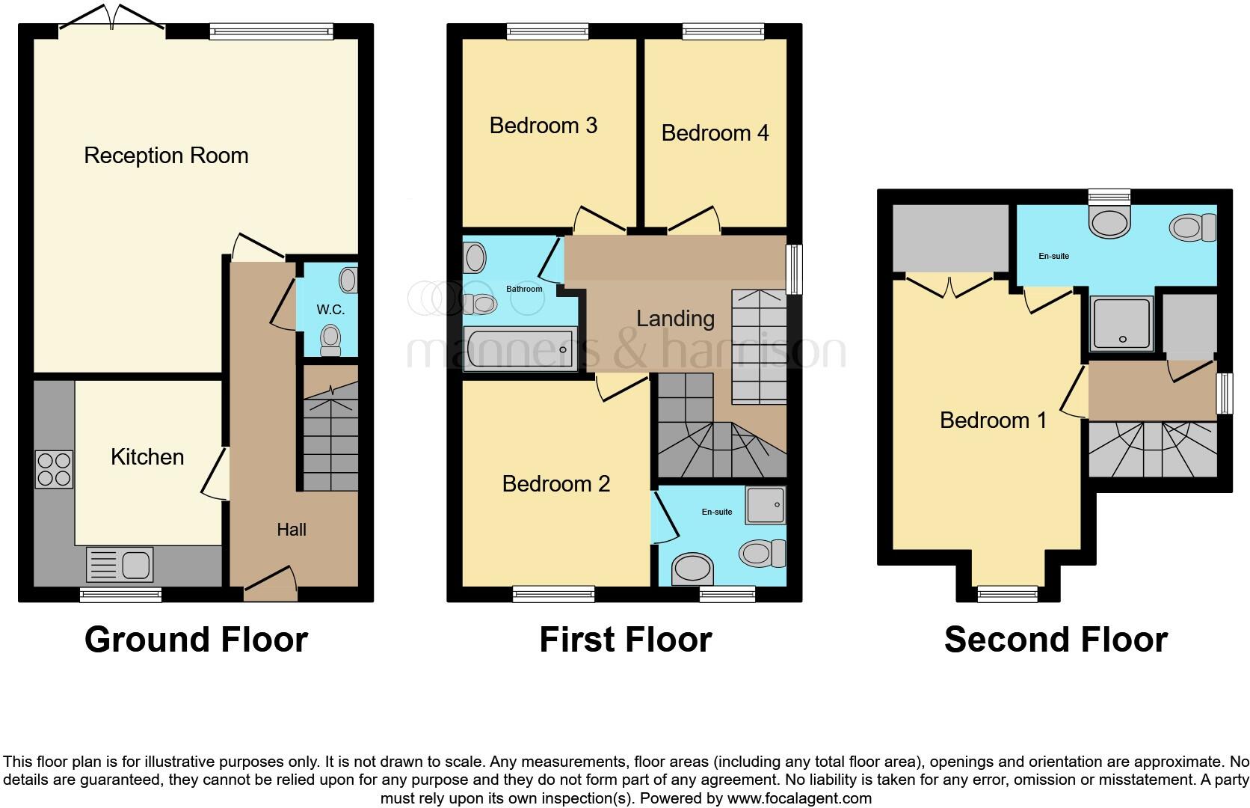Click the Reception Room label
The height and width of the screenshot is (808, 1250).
(166, 156)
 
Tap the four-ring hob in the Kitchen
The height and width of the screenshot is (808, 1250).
(54, 469)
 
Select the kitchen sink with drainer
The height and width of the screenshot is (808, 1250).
(120, 563)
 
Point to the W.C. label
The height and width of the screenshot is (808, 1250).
(330, 309)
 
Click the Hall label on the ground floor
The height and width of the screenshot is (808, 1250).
(292, 530)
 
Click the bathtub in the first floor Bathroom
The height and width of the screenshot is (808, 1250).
(518, 349)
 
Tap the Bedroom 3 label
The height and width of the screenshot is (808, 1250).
(544, 125)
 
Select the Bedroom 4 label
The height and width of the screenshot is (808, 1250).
(715, 133)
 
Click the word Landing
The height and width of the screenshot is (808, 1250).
(675, 319)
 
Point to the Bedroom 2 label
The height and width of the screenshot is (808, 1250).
(556, 484)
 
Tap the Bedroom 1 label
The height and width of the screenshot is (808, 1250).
(993, 420)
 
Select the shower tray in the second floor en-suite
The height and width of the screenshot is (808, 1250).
(1121, 323)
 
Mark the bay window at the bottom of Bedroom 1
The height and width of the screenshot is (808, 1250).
(1008, 593)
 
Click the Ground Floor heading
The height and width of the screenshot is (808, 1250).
(196, 640)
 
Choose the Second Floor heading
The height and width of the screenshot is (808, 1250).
(1056, 640)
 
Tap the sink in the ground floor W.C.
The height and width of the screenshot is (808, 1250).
(348, 281)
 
